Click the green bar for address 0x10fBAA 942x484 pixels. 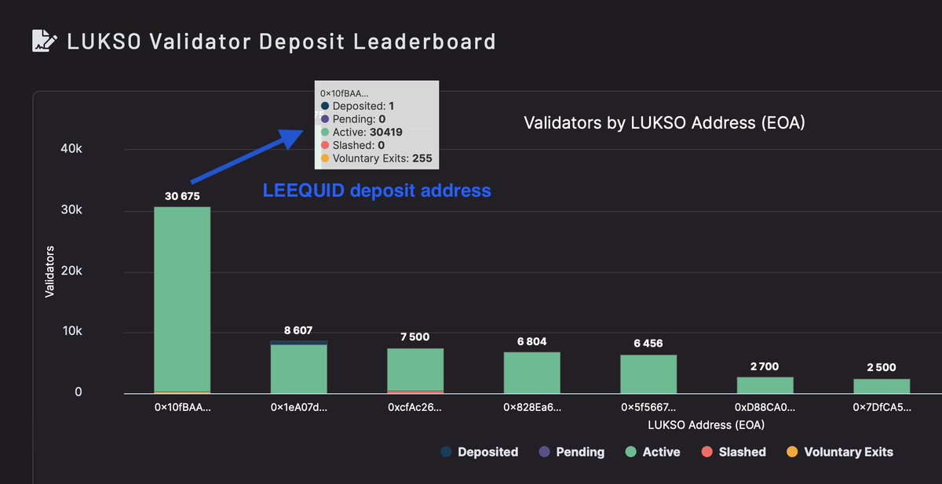pos(182,298)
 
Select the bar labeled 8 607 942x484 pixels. pos(298,367)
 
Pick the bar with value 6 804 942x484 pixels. pos(531,373)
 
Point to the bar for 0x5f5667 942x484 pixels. pos(648,374)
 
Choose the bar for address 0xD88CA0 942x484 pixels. pos(765,385)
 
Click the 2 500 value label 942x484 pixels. pos(881,367)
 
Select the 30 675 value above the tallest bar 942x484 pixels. pos(182,195)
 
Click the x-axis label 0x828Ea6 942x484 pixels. pos(531,408)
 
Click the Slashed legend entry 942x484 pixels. pos(733,452)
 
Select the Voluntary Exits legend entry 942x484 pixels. pos(839,452)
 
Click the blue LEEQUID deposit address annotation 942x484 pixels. pos(377,190)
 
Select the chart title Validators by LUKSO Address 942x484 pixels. pos(664,123)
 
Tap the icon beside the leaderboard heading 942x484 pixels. pos(43,40)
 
